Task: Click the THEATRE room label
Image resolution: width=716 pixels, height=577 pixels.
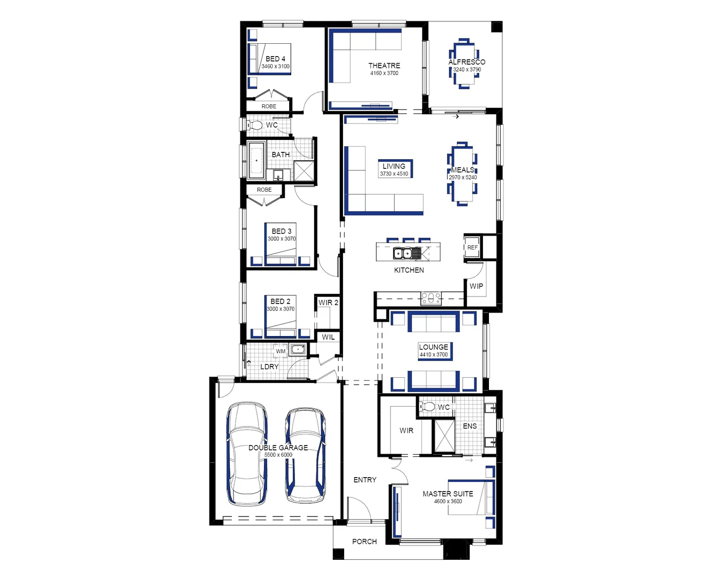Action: pos(384,66)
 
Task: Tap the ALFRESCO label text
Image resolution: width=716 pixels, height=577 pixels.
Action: pos(466,62)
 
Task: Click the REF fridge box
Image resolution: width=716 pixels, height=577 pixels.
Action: pos(472,247)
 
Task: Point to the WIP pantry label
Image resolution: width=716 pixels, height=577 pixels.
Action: pos(476,286)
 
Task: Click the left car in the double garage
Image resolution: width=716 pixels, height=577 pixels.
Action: pos(247,454)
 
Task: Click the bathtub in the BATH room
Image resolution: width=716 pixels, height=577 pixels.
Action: pos(256,160)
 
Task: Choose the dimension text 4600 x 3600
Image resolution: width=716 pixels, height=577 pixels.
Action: pos(448,502)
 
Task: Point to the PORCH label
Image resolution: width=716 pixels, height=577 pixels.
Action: pos(364,542)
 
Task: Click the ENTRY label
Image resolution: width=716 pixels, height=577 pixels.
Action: pos(365,480)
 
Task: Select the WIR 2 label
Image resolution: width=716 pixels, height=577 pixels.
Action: pos(328,302)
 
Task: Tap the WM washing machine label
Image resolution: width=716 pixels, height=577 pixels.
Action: pos(281,352)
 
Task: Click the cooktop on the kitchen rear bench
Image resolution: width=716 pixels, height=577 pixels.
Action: pos(431,298)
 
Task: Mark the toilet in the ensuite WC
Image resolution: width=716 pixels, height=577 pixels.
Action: pos(427,407)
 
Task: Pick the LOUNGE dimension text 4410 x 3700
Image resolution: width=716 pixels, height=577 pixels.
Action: pos(433,355)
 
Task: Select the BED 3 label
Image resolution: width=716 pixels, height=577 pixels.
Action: pos(282,231)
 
